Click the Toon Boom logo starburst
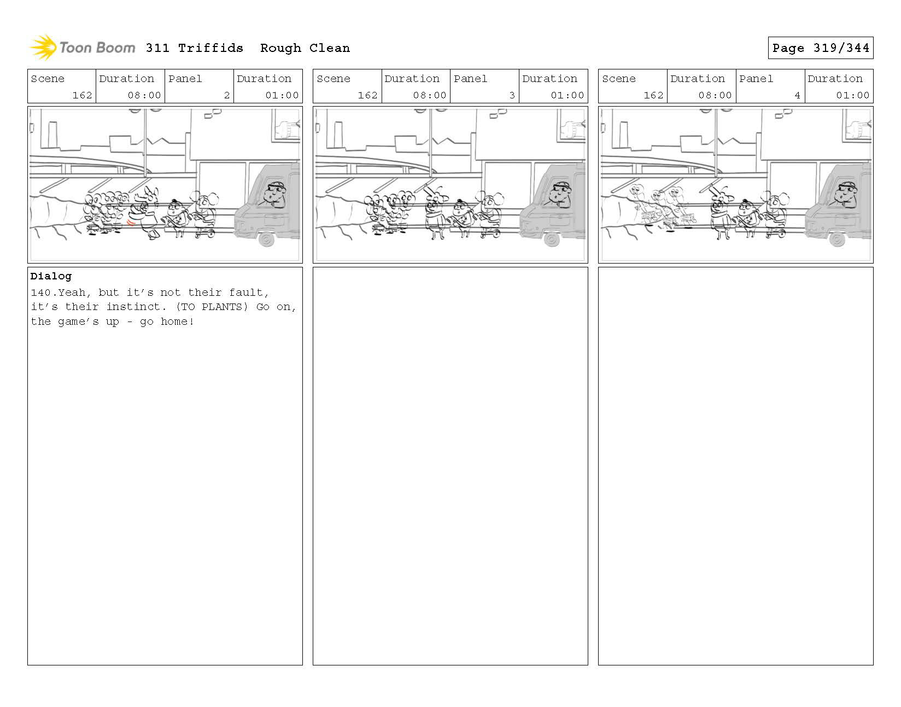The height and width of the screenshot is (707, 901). tap(43, 47)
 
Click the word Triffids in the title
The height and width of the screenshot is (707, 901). tap(210, 48)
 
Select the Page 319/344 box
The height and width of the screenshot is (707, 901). tap(820, 48)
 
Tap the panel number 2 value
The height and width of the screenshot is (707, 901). tap(227, 95)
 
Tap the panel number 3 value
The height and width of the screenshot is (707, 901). tap(512, 95)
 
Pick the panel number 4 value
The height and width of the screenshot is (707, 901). tap(797, 95)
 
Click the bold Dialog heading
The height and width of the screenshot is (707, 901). tap(51, 276)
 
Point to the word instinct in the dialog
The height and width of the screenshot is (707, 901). tap(133, 307)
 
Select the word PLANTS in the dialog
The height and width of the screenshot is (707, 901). tap(222, 307)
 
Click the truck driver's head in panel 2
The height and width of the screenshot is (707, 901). tap(275, 192)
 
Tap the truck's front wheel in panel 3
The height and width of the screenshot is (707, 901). tap(552, 239)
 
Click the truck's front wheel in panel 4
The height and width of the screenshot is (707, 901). tap(836, 239)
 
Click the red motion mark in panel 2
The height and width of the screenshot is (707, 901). tap(131, 223)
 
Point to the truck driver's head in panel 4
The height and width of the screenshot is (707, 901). tap(846, 192)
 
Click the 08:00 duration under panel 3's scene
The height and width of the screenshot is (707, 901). tap(429, 95)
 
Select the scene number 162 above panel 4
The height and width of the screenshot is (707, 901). tap(653, 95)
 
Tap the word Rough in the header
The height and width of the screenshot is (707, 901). tap(280, 49)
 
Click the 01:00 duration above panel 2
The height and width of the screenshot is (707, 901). tap(282, 95)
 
